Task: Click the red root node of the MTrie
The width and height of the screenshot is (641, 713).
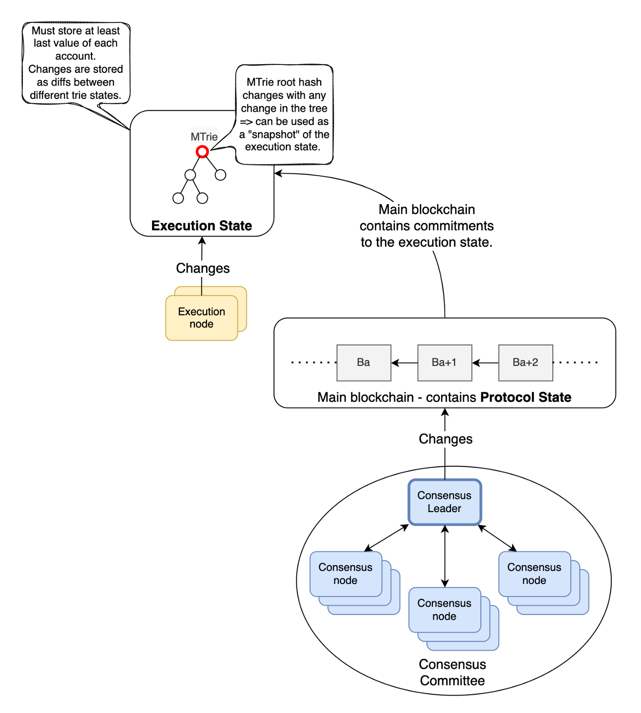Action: (202, 151)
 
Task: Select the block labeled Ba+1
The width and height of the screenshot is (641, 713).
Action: (445, 362)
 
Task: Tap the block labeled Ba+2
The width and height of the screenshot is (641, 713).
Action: (526, 362)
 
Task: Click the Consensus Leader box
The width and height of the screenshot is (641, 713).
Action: (445, 502)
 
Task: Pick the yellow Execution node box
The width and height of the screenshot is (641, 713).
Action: (201, 318)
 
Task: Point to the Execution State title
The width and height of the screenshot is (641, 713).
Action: (201, 226)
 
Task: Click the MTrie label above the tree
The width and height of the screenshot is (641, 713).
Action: (204, 137)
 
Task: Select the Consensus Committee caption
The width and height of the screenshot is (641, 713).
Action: (452, 672)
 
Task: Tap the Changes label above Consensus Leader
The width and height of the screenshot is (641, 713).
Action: (445, 439)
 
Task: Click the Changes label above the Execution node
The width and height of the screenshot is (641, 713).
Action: (203, 268)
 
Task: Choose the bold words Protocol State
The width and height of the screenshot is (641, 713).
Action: (526, 397)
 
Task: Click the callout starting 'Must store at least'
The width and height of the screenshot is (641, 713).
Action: (76, 63)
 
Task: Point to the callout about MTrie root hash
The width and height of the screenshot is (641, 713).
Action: (284, 114)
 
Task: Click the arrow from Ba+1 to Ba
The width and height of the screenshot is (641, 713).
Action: (404, 363)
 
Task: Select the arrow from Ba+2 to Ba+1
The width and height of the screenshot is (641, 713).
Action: (485, 363)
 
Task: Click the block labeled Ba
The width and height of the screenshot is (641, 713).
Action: (364, 362)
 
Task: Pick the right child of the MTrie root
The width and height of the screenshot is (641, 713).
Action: (221, 175)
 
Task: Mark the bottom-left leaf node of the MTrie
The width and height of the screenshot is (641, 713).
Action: (178, 198)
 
